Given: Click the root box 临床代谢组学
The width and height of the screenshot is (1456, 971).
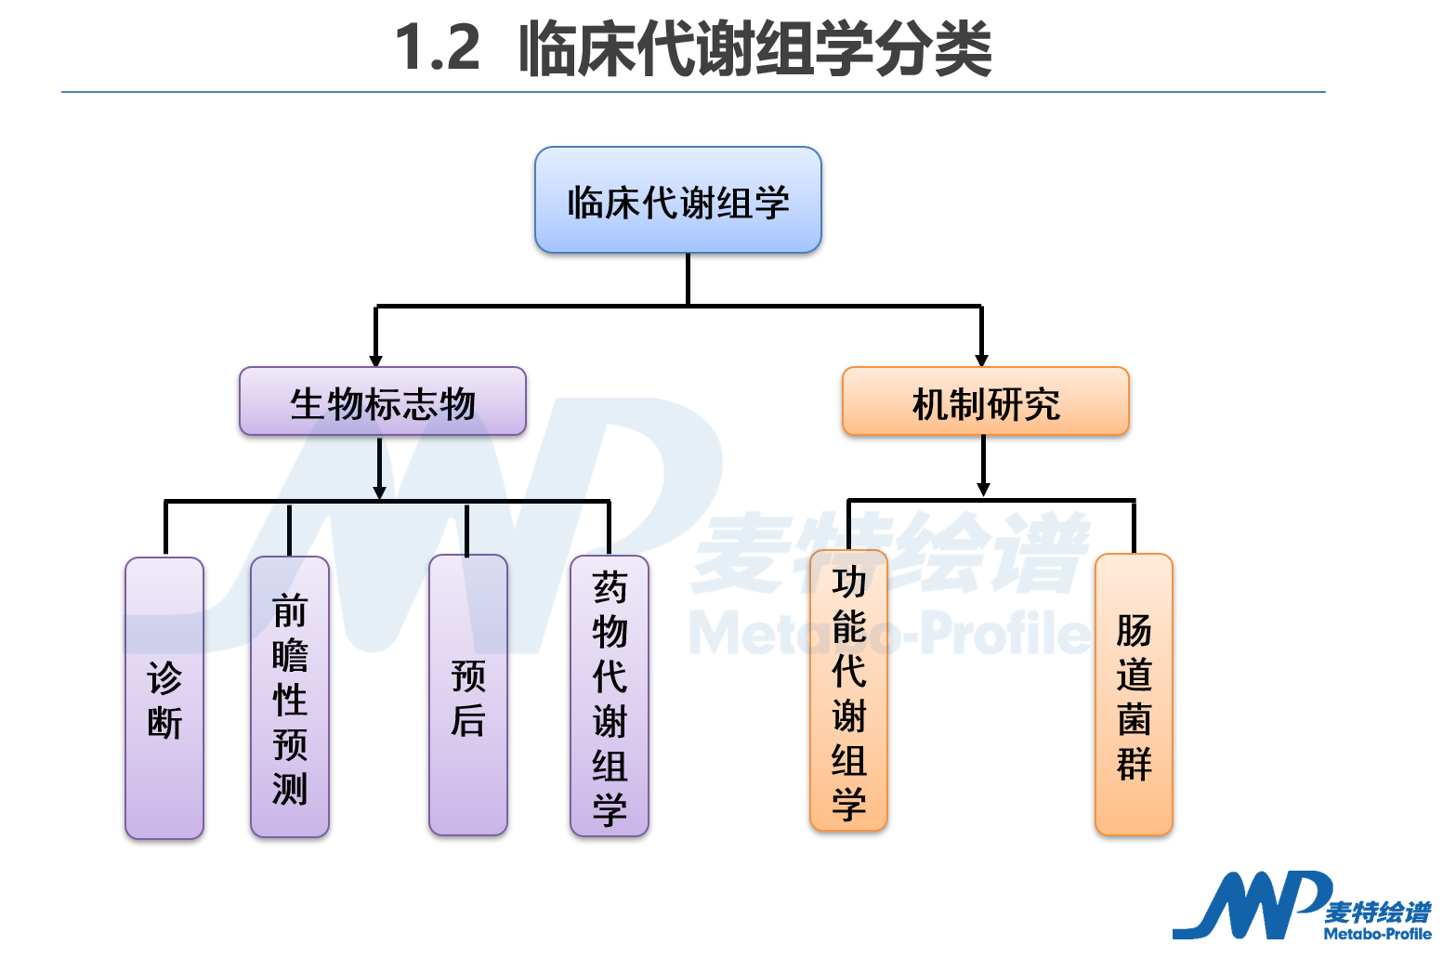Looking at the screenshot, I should click(x=678, y=201).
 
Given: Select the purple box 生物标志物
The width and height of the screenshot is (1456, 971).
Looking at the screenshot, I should click(x=383, y=402).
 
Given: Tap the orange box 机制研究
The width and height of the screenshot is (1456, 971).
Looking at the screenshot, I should click(x=985, y=402).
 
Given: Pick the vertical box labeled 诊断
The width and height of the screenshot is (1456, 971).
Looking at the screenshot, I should click(x=164, y=699).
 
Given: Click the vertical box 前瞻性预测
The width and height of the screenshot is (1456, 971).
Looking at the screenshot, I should click(x=290, y=698).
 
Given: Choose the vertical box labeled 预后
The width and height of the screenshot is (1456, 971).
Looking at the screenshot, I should click(x=468, y=696).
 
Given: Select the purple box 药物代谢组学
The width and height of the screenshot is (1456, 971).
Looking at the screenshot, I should click(x=610, y=697).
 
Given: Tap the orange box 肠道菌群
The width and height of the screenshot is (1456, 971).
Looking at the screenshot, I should click(x=1134, y=696).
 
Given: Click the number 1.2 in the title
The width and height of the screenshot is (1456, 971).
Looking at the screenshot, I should click(x=438, y=48).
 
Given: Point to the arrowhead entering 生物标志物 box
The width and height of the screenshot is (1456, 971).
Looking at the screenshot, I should click(x=376, y=361).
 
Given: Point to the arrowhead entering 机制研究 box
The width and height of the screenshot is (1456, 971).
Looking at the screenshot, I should click(x=982, y=361).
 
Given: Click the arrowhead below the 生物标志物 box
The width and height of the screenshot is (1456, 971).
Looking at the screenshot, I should click(x=379, y=492).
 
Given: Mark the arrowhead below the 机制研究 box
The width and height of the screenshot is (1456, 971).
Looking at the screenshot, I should click(x=983, y=489).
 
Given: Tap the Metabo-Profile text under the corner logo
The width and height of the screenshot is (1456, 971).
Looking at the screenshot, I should click(x=1377, y=934).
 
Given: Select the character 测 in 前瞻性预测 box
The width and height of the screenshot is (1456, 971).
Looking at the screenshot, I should click(x=290, y=788).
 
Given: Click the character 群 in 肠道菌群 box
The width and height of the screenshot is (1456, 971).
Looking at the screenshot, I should click(x=1134, y=764).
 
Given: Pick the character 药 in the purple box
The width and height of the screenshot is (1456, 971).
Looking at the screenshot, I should click(x=610, y=586).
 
